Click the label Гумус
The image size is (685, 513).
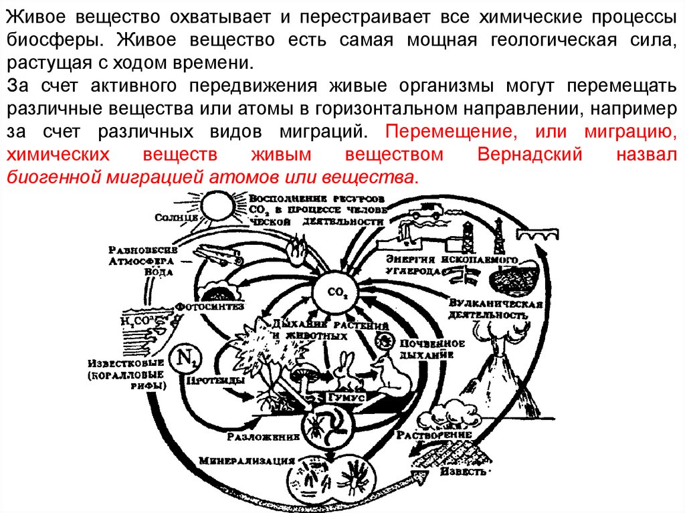[344, 397]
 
